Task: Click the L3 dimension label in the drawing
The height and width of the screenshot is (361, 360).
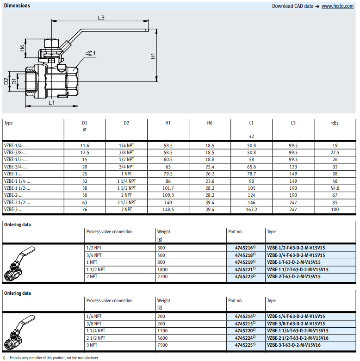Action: (101, 18)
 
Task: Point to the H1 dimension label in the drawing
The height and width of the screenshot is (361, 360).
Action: (152, 56)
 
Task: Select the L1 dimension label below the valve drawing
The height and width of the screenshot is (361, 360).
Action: (52, 102)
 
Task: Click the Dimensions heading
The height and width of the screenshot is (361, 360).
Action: (17, 6)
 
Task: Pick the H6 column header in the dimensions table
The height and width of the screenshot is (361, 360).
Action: (210, 123)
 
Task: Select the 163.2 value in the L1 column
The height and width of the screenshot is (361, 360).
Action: (251, 210)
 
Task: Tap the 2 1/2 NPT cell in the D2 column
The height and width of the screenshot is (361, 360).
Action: (126, 202)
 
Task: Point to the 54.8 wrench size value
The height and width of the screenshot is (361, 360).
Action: (335, 188)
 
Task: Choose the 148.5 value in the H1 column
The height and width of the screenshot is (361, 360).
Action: (168, 210)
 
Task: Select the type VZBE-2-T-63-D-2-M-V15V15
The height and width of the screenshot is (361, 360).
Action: (297, 276)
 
